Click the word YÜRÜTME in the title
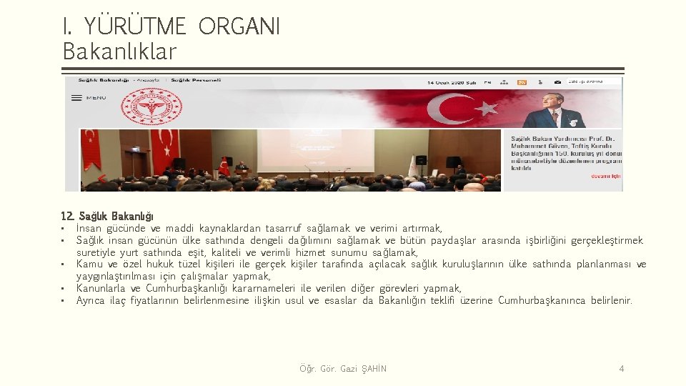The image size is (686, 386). (136, 27)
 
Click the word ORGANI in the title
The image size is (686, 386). (239, 27)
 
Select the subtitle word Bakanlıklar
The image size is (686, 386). (119, 51)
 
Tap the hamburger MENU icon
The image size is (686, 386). (76, 98)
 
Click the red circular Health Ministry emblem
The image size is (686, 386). (150, 109)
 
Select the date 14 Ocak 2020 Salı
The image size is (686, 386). (452, 81)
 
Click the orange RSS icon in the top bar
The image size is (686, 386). (522, 82)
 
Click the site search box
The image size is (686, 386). (592, 81)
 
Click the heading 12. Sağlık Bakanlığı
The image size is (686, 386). (107, 216)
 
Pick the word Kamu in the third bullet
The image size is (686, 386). (89, 264)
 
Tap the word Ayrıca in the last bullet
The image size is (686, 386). (91, 300)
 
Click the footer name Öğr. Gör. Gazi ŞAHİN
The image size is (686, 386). (343, 369)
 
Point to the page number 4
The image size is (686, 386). (621, 369)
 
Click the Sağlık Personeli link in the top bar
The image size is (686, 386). (195, 81)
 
